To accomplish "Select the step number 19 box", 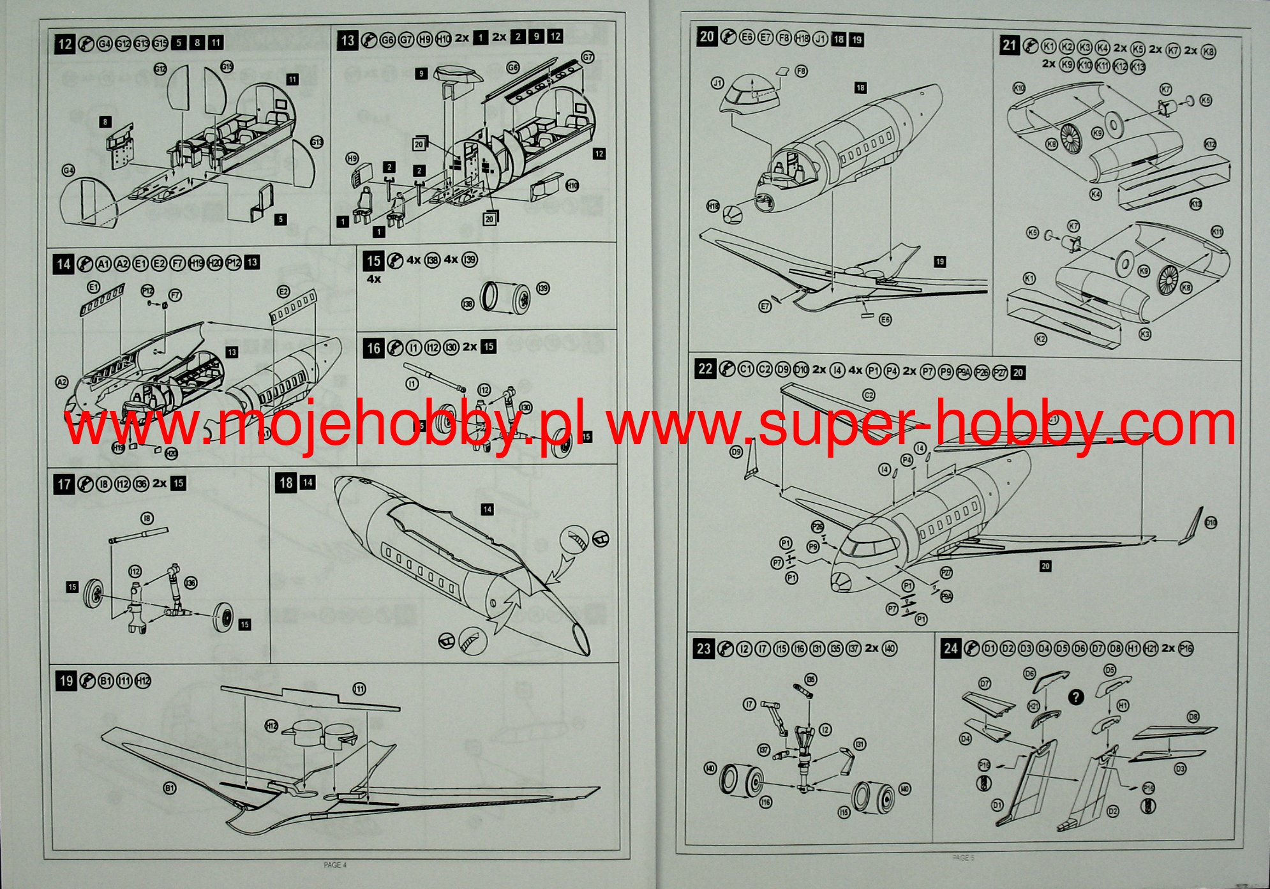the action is (66, 681).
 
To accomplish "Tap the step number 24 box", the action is (950, 648).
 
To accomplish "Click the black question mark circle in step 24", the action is (1076, 697).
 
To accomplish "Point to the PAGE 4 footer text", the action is (335, 865).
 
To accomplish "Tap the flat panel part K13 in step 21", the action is (1174, 186).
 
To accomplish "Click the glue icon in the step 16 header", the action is (395, 348).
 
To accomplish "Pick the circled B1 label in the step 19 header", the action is (106, 682).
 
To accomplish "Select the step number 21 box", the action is (1009, 45).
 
